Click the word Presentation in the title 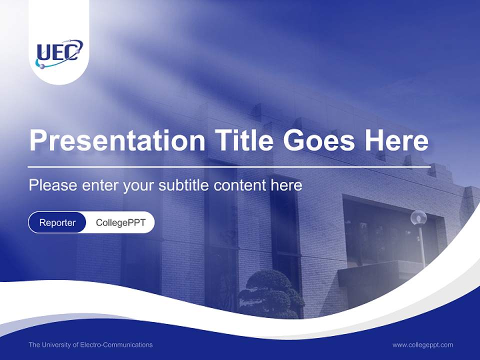pyautogui.click(x=117, y=140)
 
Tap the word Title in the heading pyautogui.click(x=243, y=139)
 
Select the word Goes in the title pyautogui.click(x=318, y=140)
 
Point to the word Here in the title pyautogui.click(x=396, y=140)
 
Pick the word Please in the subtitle pyautogui.click(x=53, y=185)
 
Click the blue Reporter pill pyautogui.click(x=57, y=222)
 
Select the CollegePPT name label pyautogui.click(x=120, y=222)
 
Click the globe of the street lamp pyautogui.click(x=418, y=217)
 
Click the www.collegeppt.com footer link pyautogui.click(x=422, y=345)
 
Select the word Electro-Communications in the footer pyautogui.click(x=116, y=344)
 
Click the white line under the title pyautogui.click(x=229, y=167)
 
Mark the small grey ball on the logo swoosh pyautogui.click(x=42, y=66)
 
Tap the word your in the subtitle pyautogui.click(x=138, y=186)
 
